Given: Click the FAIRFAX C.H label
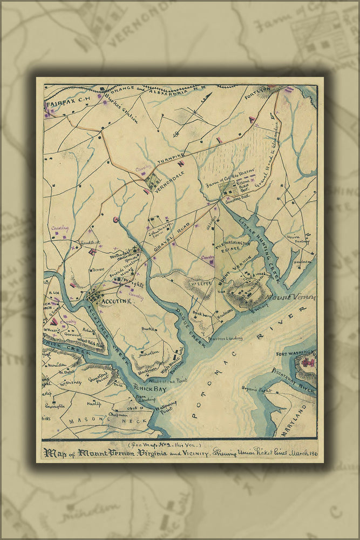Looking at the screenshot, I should [x=64, y=103].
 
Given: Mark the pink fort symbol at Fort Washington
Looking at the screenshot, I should [x=309, y=362].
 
